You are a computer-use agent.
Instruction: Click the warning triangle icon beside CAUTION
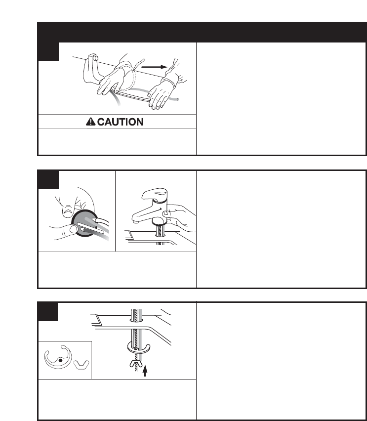(x=90, y=122)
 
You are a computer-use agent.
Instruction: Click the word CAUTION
(x=120, y=122)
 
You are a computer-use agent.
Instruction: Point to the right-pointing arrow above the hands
(x=154, y=67)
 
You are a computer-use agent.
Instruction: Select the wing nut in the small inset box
(x=81, y=365)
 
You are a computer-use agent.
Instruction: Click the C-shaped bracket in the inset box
(x=58, y=357)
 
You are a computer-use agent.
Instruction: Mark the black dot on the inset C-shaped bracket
(x=60, y=360)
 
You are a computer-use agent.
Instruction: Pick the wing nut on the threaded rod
(x=137, y=364)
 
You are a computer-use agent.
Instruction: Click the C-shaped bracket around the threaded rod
(x=138, y=348)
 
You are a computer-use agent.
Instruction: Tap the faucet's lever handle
(x=155, y=194)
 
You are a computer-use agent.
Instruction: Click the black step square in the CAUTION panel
(x=48, y=51)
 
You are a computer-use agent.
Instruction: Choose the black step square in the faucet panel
(x=48, y=179)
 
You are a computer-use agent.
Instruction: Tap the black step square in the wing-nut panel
(x=48, y=312)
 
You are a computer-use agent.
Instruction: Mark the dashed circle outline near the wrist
(x=126, y=76)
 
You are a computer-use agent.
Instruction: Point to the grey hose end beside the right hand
(x=177, y=100)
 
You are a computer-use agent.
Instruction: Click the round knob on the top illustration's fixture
(x=96, y=58)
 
